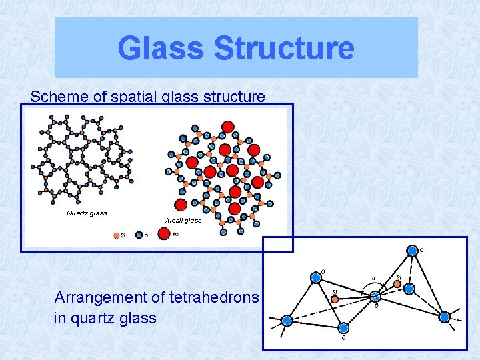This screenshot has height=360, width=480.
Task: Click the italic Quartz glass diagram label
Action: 87,213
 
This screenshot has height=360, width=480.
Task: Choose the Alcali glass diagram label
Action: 183,220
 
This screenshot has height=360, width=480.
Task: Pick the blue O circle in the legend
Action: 139,234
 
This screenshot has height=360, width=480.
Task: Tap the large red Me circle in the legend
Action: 163,233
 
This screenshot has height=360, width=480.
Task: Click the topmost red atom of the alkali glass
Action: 227,127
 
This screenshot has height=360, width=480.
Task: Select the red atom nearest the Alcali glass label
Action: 179,204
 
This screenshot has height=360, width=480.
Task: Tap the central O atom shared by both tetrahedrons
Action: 375,295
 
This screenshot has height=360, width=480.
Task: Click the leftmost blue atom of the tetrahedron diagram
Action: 287,321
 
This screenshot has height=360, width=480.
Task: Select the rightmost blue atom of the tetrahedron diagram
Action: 444,317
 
